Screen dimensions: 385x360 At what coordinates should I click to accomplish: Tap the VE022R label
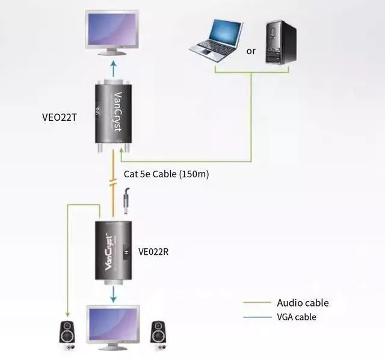[153, 252]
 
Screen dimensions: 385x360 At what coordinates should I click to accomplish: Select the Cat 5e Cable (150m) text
[166, 174]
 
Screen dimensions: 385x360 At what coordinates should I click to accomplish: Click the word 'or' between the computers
[251, 51]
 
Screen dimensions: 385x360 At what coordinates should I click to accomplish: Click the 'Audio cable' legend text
[303, 303]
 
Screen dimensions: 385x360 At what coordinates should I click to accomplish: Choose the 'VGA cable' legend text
[296, 317]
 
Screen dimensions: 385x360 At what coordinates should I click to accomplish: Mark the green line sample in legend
[257, 303]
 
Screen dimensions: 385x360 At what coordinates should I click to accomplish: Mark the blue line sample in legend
[257, 317]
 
